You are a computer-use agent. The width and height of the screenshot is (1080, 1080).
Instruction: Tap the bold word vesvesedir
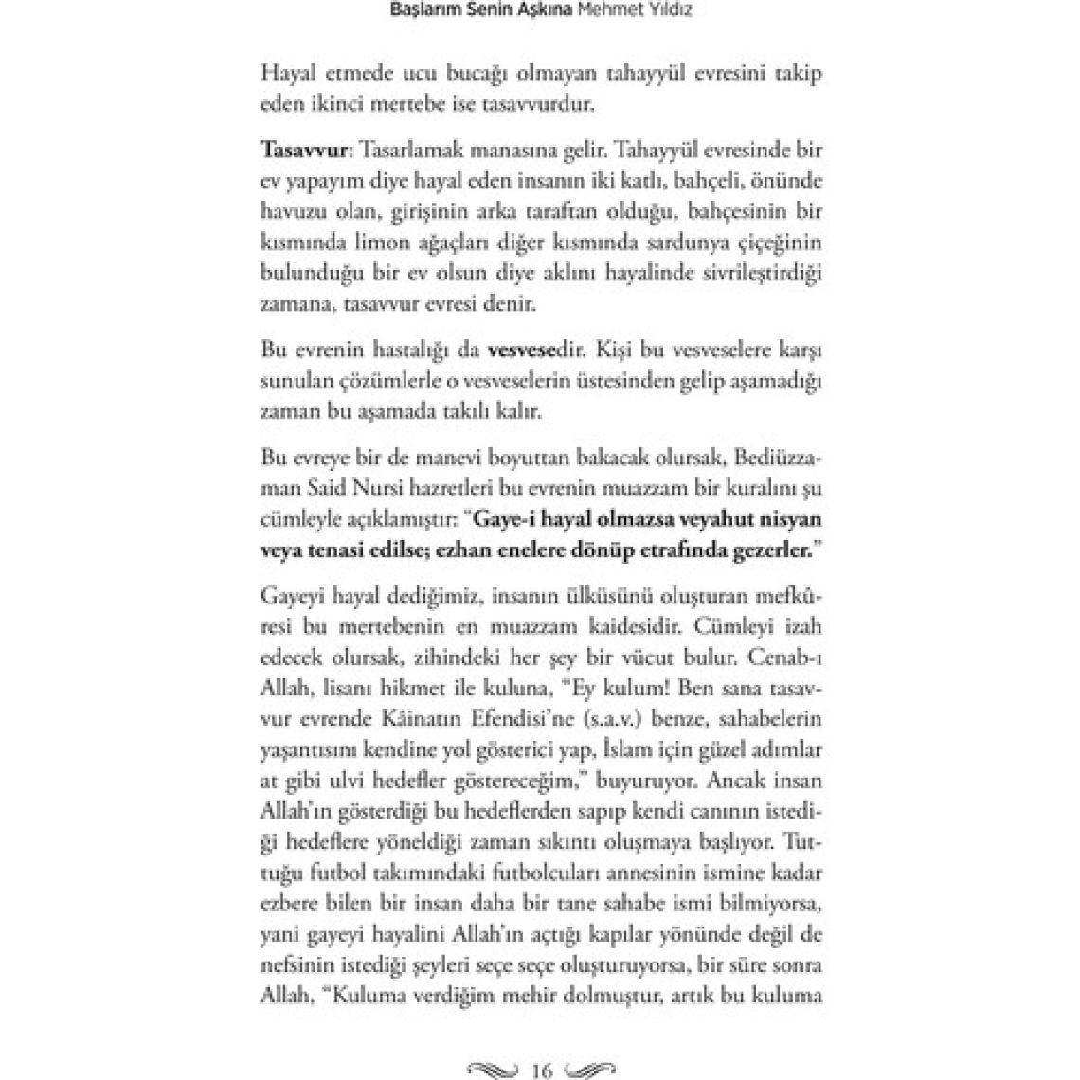(535, 349)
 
